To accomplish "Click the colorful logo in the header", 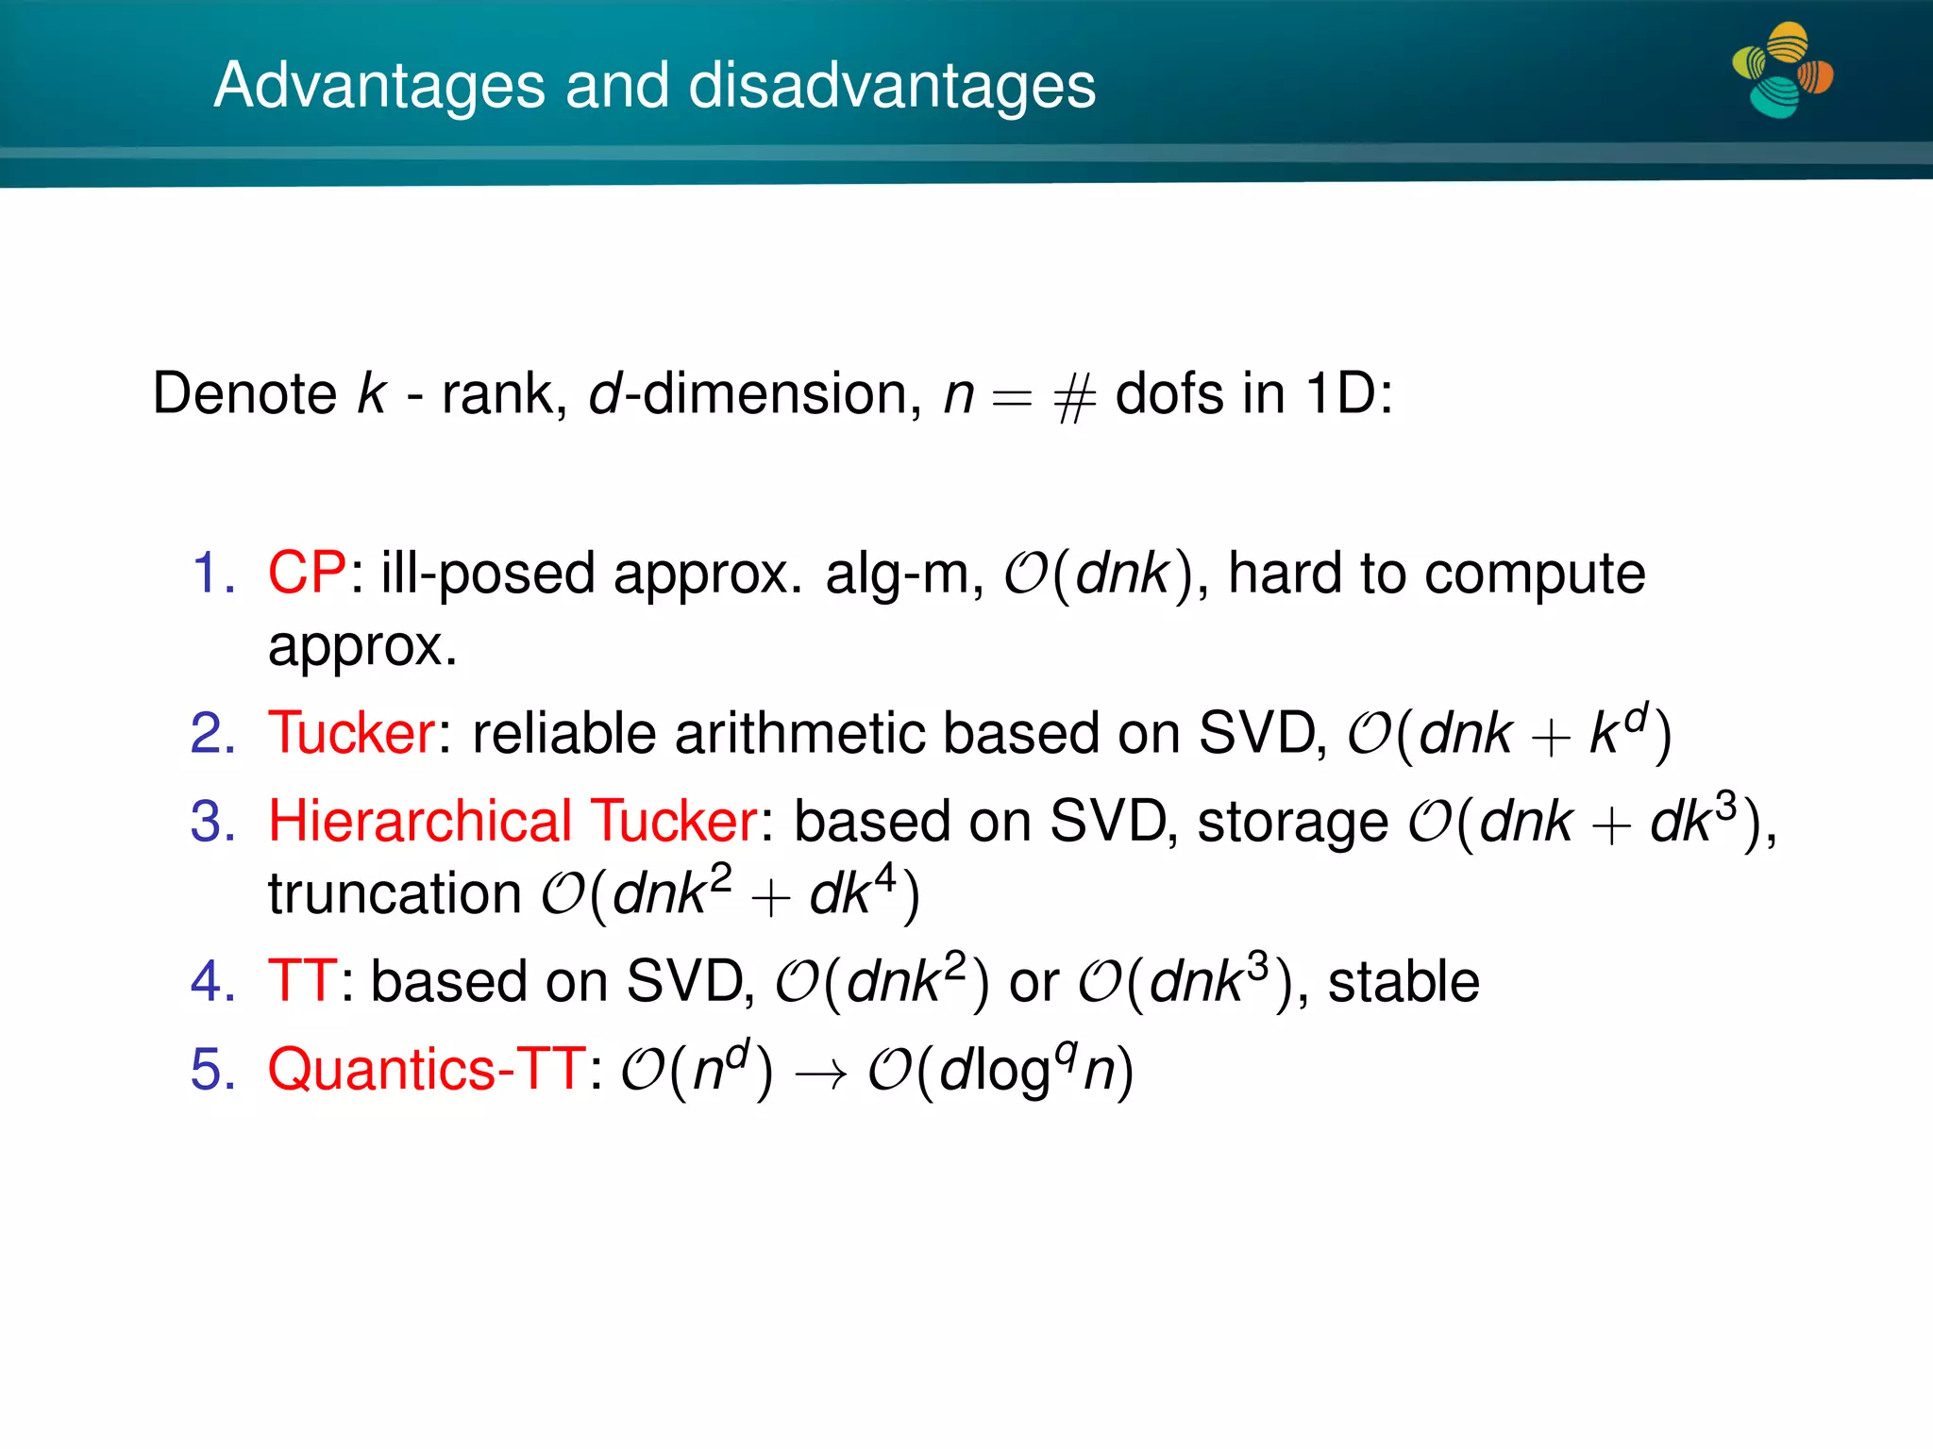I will [x=1782, y=71].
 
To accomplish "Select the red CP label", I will [x=307, y=573].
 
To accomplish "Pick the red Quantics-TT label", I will [x=427, y=1070].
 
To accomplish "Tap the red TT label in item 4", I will [x=301, y=981].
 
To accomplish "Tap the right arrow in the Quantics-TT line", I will [x=820, y=1074].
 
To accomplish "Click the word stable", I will [x=1404, y=982].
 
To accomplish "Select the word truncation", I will [x=395, y=893].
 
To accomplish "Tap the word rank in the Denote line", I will [x=498, y=394].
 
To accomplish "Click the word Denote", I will [x=244, y=393].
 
